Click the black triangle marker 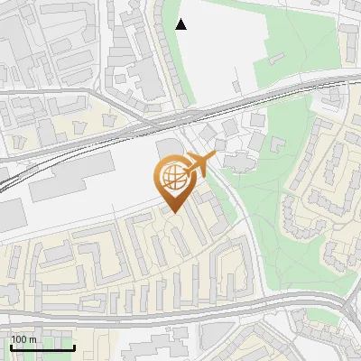[181, 24]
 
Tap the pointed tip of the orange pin [172, 212]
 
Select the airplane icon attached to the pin [199, 164]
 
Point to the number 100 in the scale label [19, 339]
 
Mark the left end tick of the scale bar [10, 347]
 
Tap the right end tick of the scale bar [74, 347]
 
